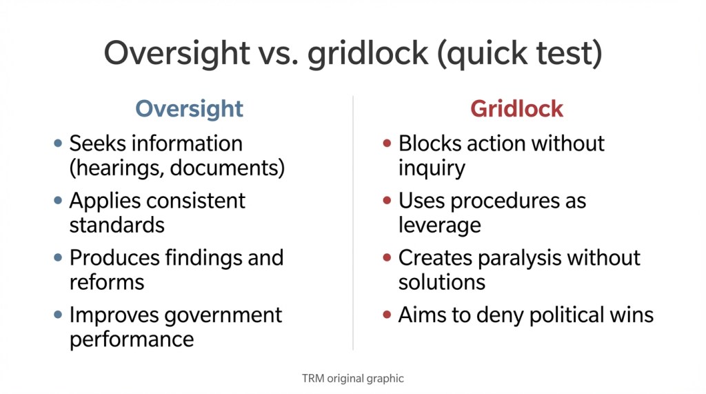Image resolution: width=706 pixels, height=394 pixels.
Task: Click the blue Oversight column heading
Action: [x=189, y=109]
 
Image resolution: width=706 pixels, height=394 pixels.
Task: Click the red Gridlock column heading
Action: [x=516, y=109]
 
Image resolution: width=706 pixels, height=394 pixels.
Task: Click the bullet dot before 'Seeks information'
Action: [x=58, y=144]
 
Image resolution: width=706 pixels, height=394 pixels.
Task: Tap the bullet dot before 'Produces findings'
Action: [x=58, y=258]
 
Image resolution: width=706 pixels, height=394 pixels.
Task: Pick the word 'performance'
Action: [x=131, y=339]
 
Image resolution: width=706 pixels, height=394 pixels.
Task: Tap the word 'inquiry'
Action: [x=432, y=168]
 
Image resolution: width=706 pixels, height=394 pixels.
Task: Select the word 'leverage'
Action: [x=439, y=225]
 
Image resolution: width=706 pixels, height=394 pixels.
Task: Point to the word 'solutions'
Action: [x=441, y=282]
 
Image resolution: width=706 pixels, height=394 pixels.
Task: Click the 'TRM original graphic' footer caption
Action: [x=352, y=378]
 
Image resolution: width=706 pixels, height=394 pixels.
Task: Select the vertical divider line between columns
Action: [x=353, y=221]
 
